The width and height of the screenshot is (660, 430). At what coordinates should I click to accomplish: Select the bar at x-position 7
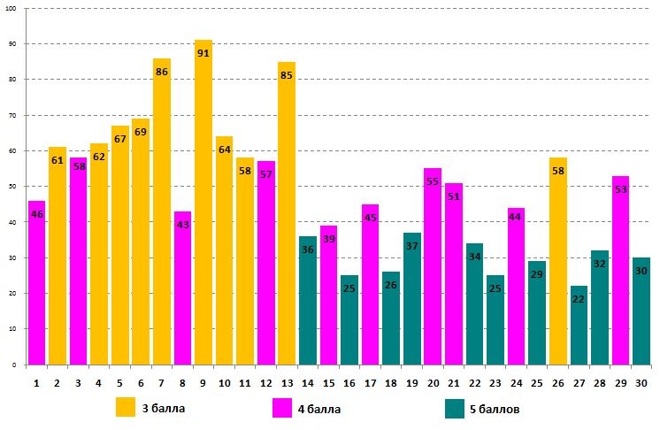click(162, 221)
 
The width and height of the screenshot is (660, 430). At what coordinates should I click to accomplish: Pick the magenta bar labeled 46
click(36, 292)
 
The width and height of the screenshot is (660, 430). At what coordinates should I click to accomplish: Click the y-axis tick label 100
click(12, 8)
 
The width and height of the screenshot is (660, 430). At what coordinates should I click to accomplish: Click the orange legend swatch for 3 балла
click(126, 407)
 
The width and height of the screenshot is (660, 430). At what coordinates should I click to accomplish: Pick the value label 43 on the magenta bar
click(182, 226)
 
